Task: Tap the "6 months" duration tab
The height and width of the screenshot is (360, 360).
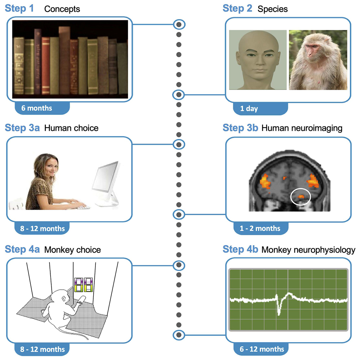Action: click(x=37, y=108)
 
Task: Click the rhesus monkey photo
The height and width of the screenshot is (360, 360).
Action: click(x=317, y=60)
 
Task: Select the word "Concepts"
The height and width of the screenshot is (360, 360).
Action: click(x=62, y=9)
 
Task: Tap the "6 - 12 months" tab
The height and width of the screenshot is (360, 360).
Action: click(x=261, y=349)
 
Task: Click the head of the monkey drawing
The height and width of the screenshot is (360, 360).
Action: click(x=59, y=299)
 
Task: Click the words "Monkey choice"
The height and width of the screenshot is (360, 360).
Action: click(x=72, y=250)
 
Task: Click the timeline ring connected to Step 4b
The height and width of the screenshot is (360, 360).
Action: click(x=179, y=334)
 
